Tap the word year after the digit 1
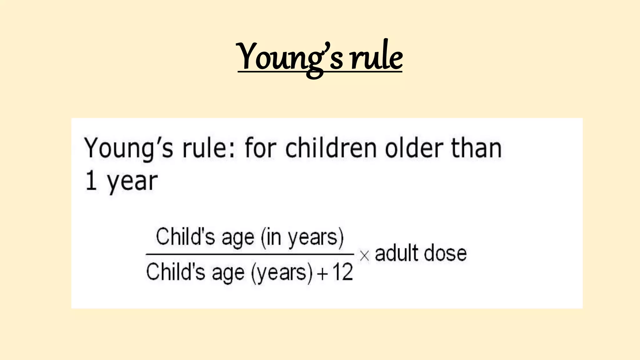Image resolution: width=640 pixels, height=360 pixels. (132, 182)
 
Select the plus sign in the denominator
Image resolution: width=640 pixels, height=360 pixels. (322, 274)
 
